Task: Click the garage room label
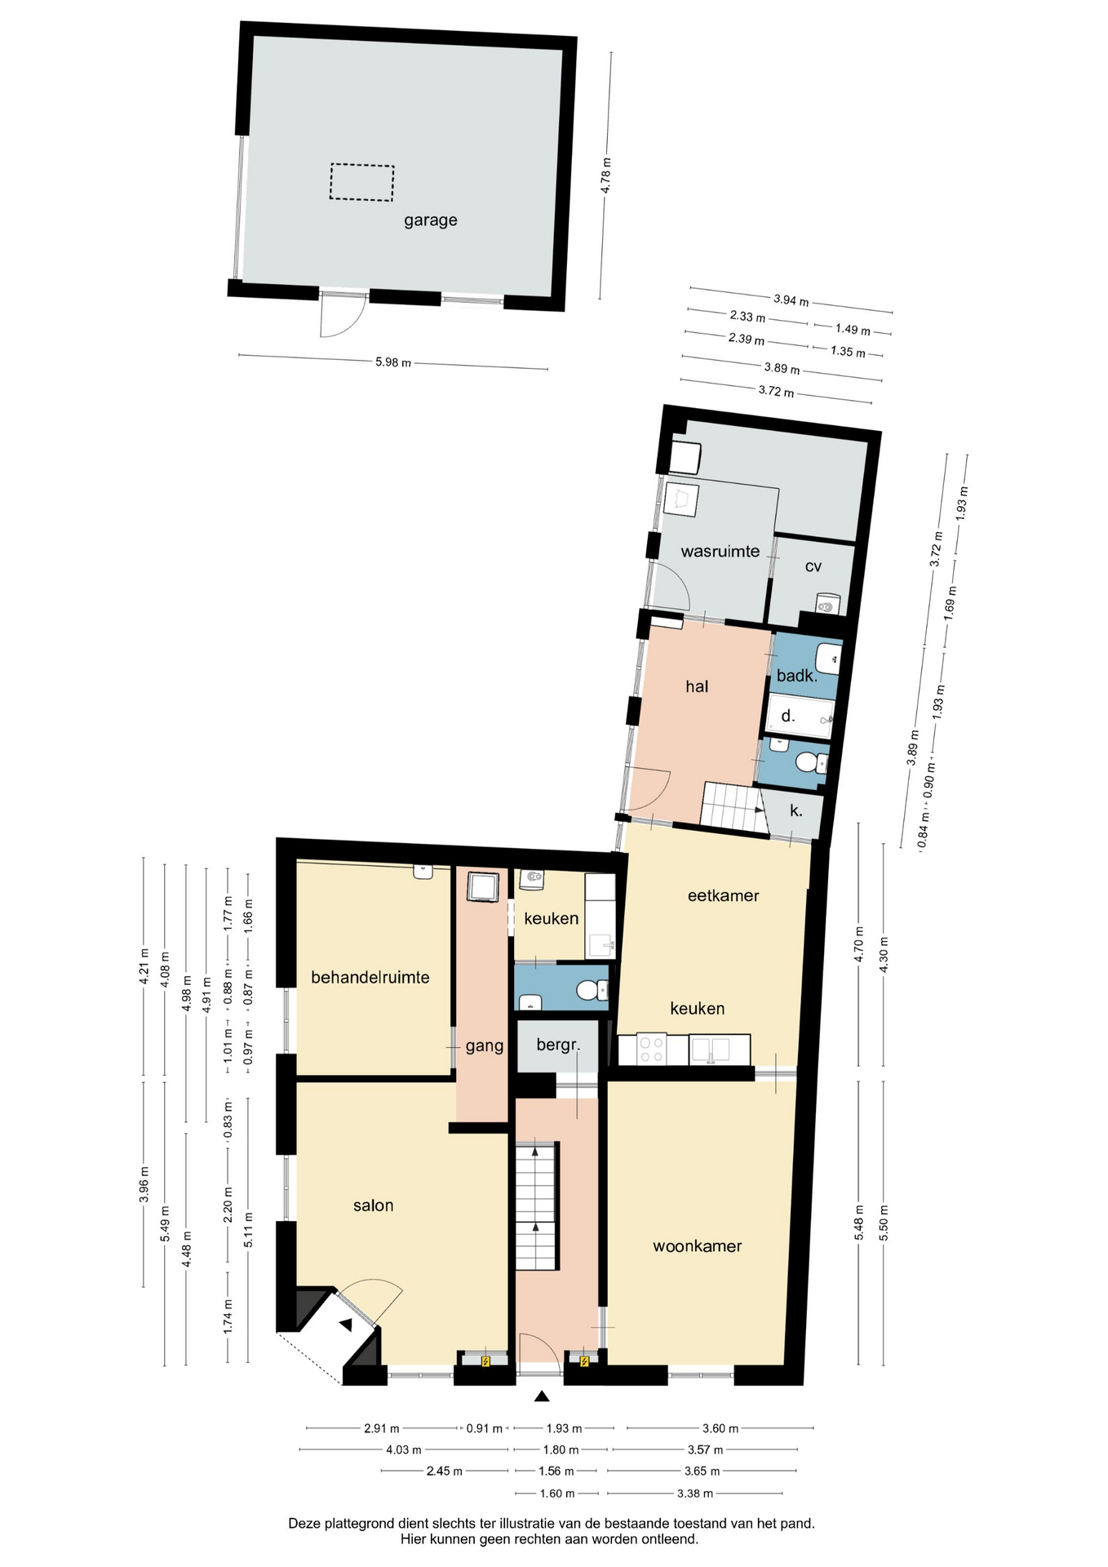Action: click(x=430, y=220)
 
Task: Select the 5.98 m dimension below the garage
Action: click(x=392, y=362)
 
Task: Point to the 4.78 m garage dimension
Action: click(x=605, y=175)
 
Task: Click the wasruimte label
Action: click(x=720, y=552)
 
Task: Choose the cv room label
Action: click(x=813, y=566)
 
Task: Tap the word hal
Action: click(x=697, y=686)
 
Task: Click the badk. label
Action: click(x=796, y=676)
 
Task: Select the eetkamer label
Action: click(x=723, y=895)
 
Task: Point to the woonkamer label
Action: click(x=697, y=1246)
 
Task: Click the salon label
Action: click(x=373, y=1205)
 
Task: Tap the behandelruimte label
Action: click(x=370, y=977)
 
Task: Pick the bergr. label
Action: click(x=558, y=1045)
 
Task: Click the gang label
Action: click(x=485, y=1046)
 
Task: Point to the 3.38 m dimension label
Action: click(x=694, y=1494)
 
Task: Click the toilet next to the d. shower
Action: click(x=808, y=762)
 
